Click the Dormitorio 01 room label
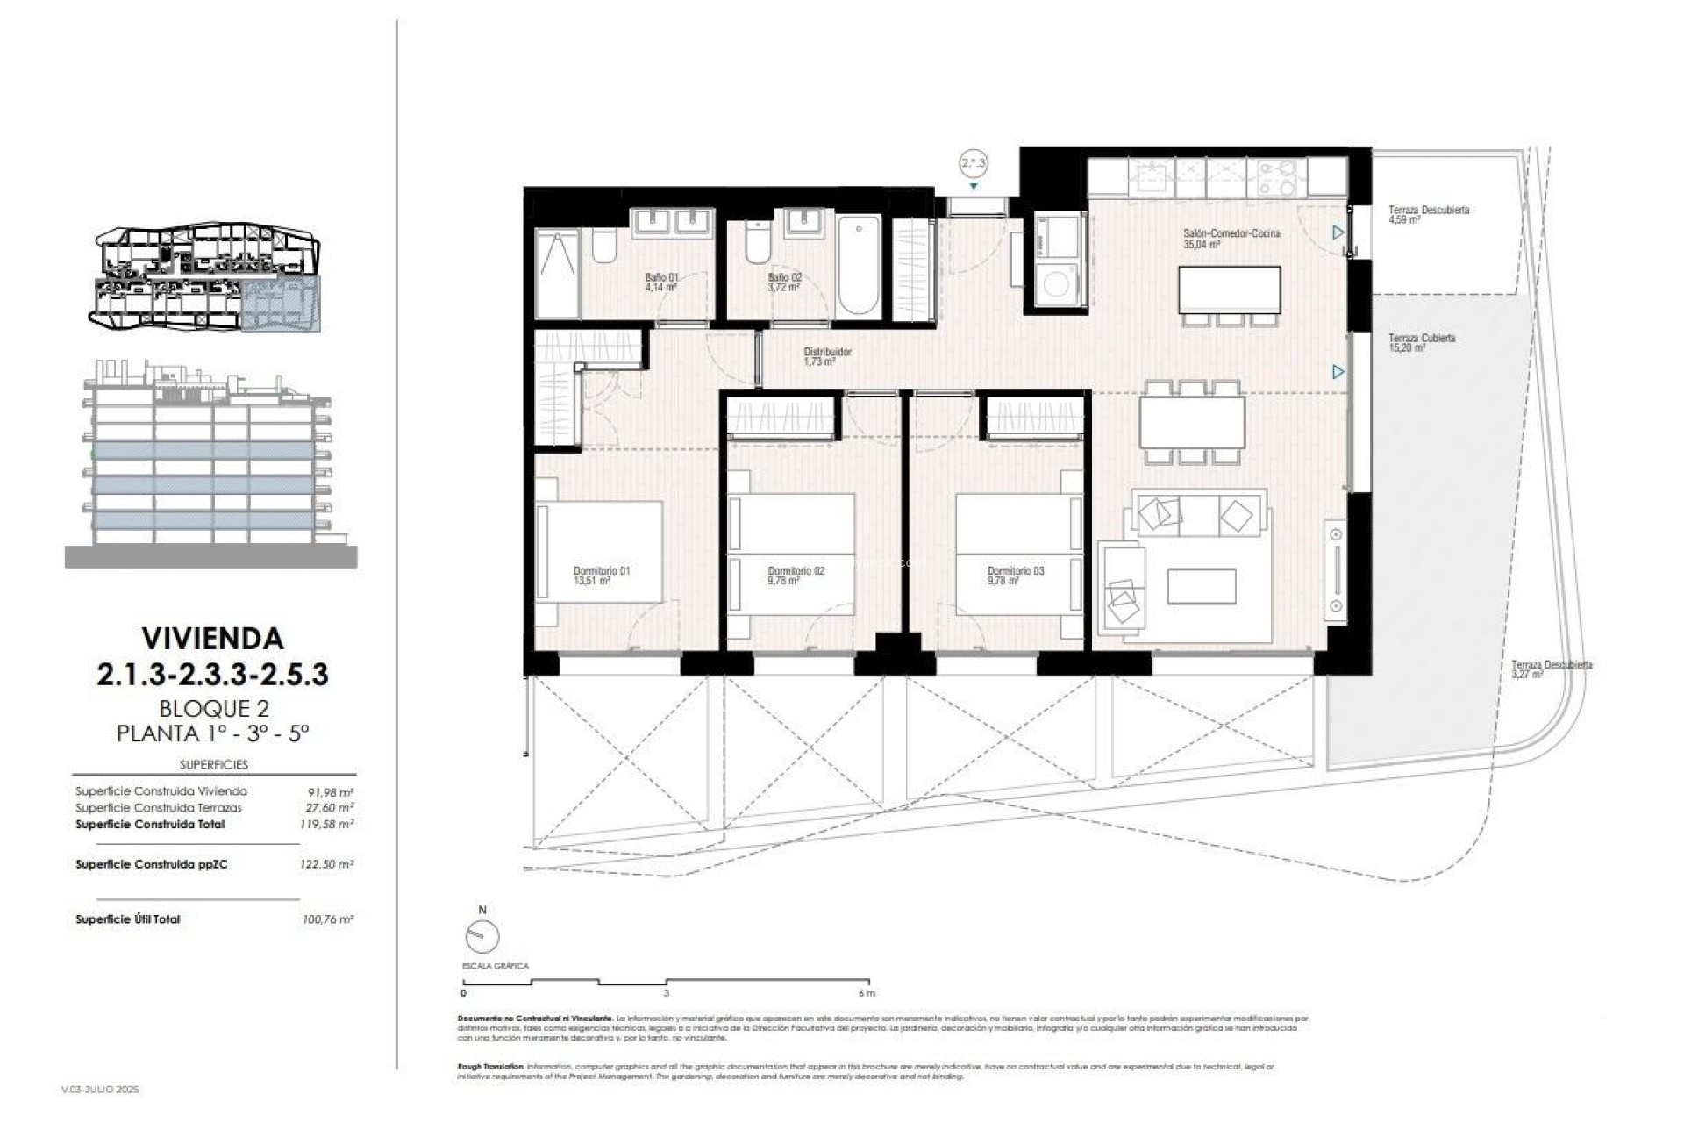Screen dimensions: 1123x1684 601,576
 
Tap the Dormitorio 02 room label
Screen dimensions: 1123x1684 796,576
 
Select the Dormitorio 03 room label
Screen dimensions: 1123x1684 1015,576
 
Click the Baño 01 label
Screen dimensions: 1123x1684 661,282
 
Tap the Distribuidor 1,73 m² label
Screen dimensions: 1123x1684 827,356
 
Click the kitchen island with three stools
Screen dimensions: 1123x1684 1229,288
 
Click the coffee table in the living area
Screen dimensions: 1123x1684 1202,586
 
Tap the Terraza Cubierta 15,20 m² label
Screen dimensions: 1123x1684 1421,342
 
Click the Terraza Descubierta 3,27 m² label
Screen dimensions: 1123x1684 1551,669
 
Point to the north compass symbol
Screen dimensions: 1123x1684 482,937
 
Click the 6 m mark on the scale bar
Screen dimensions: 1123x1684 867,993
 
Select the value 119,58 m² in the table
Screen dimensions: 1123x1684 326,825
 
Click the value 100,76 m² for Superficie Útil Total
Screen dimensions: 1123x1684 327,919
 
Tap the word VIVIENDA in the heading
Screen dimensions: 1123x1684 212,638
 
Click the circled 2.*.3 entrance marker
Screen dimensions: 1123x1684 973,162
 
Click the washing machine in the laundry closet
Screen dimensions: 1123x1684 1060,283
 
